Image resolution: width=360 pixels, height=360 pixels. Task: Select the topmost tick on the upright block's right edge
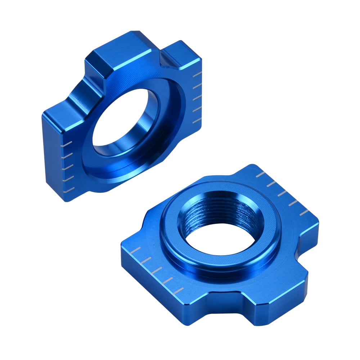click(197, 75)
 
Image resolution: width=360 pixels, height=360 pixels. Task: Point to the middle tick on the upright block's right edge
click(196, 98)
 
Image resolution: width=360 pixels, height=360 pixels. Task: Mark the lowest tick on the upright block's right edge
click(196, 121)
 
